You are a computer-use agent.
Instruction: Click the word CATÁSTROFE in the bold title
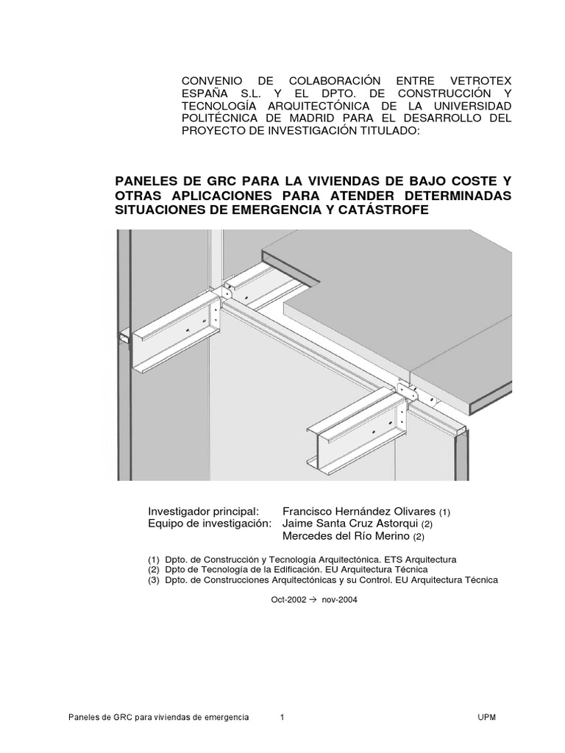[x=382, y=210]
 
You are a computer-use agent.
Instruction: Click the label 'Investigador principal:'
[x=203, y=511]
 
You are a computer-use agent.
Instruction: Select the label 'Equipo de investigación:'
[x=210, y=524]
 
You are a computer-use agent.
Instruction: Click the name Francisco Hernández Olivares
[x=359, y=511]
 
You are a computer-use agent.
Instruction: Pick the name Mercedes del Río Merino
[x=351, y=537]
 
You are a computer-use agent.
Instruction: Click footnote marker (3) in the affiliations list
[x=154, y=579]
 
